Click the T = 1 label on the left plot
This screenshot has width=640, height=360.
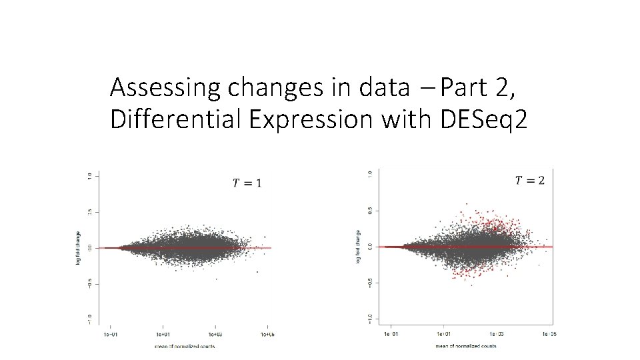point(247,183)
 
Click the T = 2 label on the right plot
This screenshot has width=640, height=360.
point(530,180)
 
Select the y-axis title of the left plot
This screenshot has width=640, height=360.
point(78,247)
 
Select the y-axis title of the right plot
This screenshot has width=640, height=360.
point(359,246)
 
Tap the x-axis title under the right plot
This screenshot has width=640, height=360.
point(465,346)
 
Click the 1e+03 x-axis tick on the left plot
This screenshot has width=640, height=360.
point(215,333)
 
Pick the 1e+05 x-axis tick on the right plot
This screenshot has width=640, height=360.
point(548,333)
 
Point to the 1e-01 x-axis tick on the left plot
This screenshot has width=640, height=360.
point(109,333)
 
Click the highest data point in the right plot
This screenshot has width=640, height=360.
point(466,203)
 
